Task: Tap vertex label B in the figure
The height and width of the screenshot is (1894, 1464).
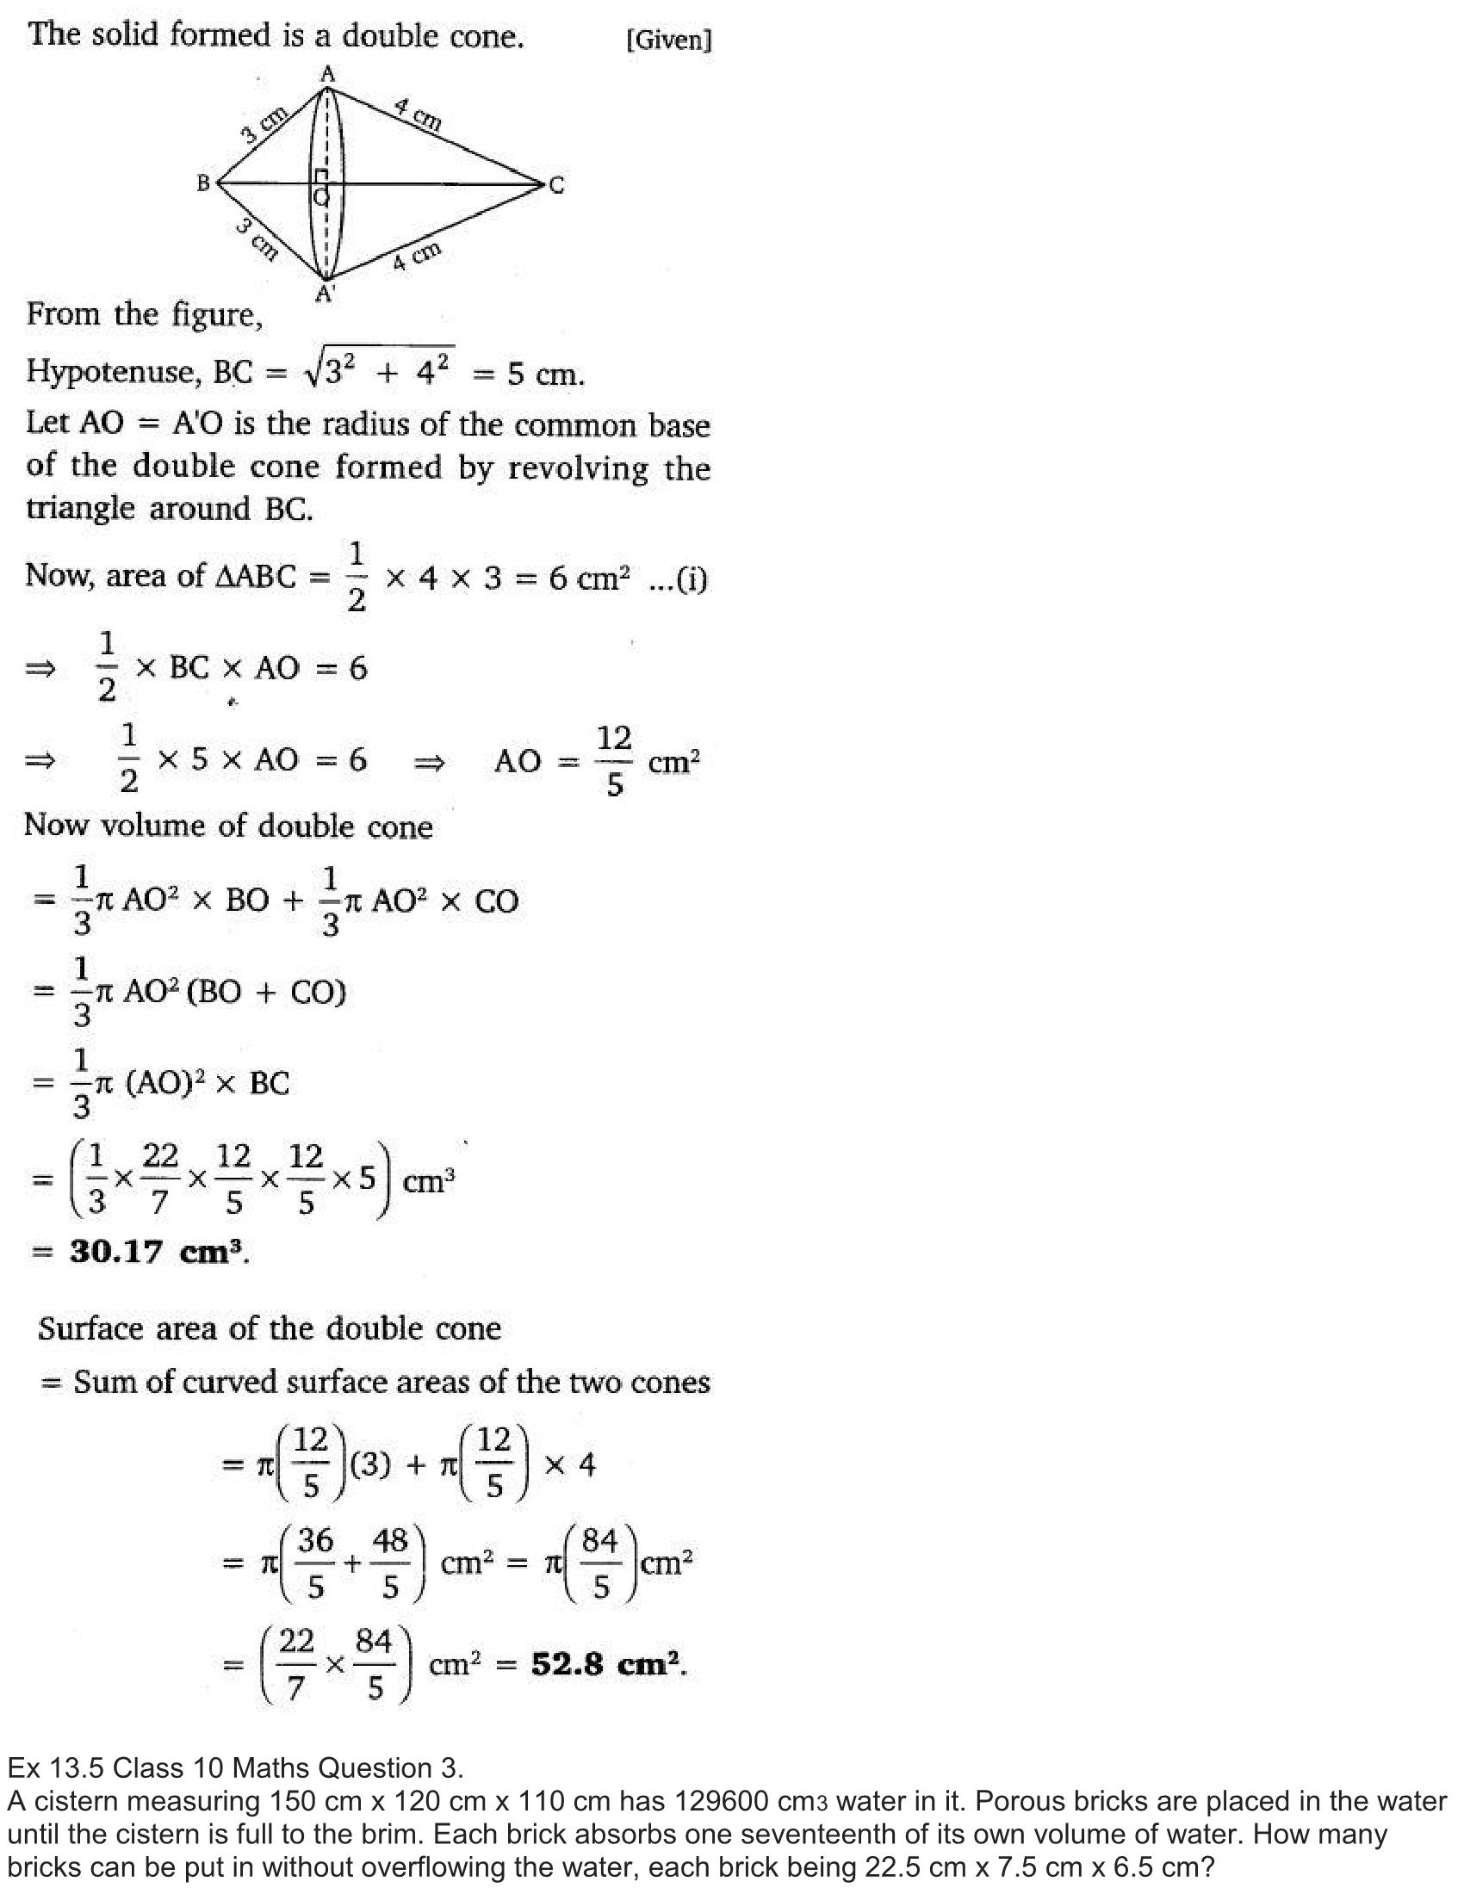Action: click(x=204, y=183)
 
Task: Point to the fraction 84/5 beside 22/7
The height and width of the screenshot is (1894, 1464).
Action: click(x=374, y=1664)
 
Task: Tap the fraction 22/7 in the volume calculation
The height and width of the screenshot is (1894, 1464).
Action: click(x=159, y=1178)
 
